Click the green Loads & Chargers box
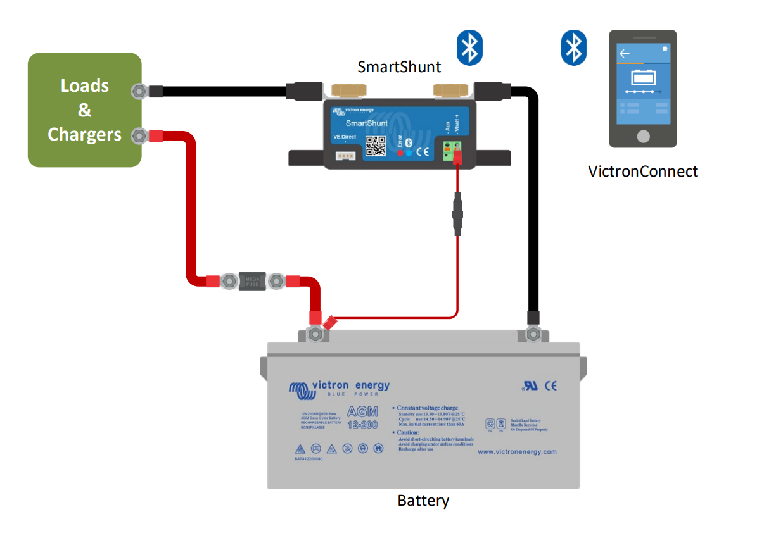click(x=84, y=110)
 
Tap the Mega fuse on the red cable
click(x=252, y=281)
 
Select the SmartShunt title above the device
click(x=399, y=66)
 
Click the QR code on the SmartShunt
click(x=376, y=145)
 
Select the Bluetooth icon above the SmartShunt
click(x=469, y=47)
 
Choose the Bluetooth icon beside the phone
click(x=574, y=47)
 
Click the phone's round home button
click(x=643, y=135)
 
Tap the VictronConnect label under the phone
click(x=643, y=171)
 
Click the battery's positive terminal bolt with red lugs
click(x=314, y=334)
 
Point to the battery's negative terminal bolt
click(x=533, y=334)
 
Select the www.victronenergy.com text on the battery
click(x=517, y=452)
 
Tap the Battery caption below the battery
click(x=423, y=501)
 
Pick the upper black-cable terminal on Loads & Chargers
click(x=138, y=91)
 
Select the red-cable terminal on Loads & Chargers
click(x=138, y=135)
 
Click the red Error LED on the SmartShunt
click(x=400, y=153)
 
